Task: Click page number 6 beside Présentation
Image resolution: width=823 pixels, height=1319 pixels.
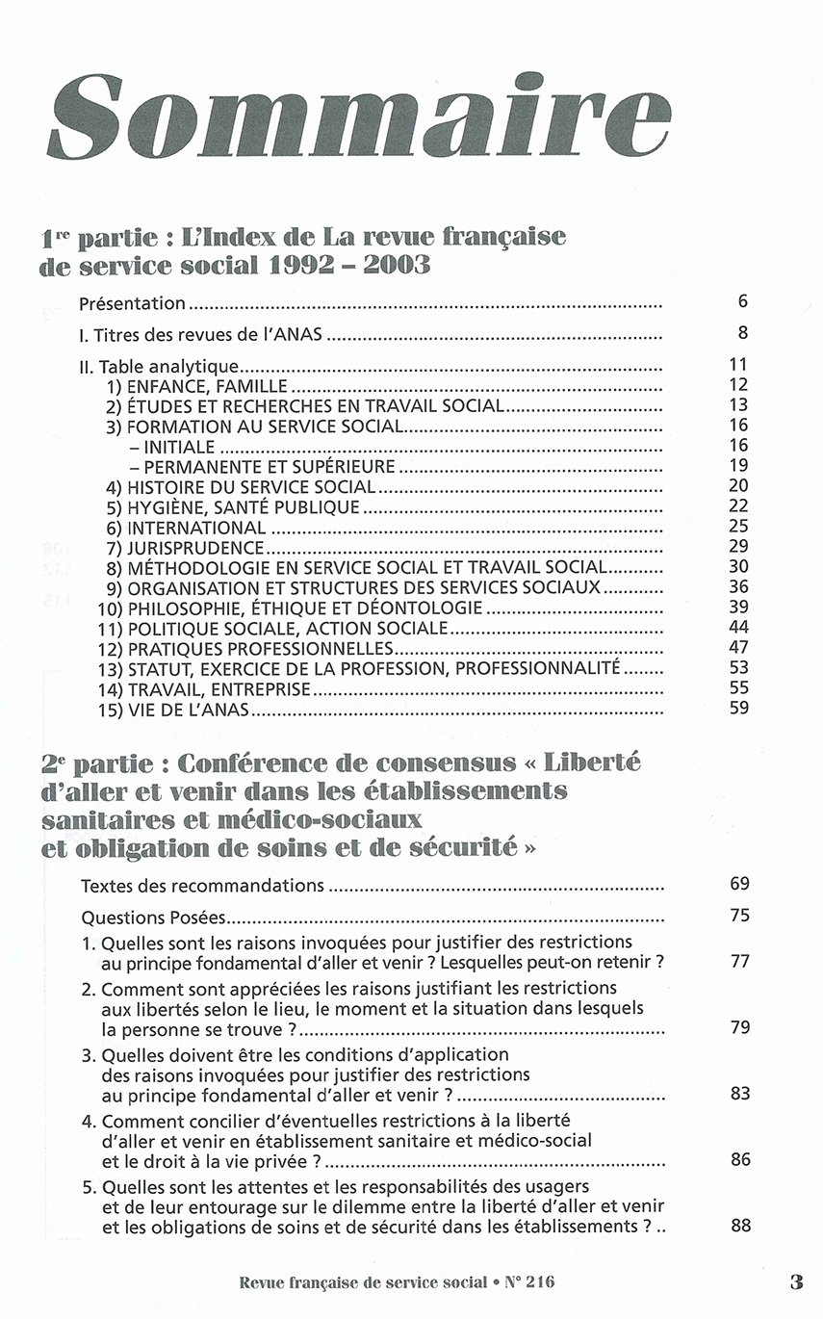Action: [x=742, y=301]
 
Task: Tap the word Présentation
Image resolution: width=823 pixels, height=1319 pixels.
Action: [x=132, y=304]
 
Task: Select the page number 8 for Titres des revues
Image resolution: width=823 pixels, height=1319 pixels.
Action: [x=742, y=333]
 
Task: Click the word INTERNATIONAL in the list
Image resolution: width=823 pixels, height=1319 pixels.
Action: [x=196, y=528]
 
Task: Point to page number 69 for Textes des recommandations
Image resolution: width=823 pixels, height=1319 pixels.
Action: [x=739, y=883]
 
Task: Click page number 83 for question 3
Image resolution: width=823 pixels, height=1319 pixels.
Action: [x=739, y=1094]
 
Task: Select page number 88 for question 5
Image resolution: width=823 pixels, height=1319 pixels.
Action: [x=739, y=1226]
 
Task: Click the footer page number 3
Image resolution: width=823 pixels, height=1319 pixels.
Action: [x=795, y=1282]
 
